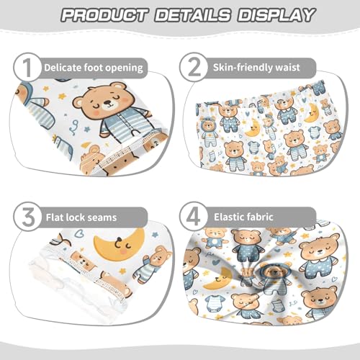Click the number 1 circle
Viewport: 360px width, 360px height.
coord(25,68)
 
